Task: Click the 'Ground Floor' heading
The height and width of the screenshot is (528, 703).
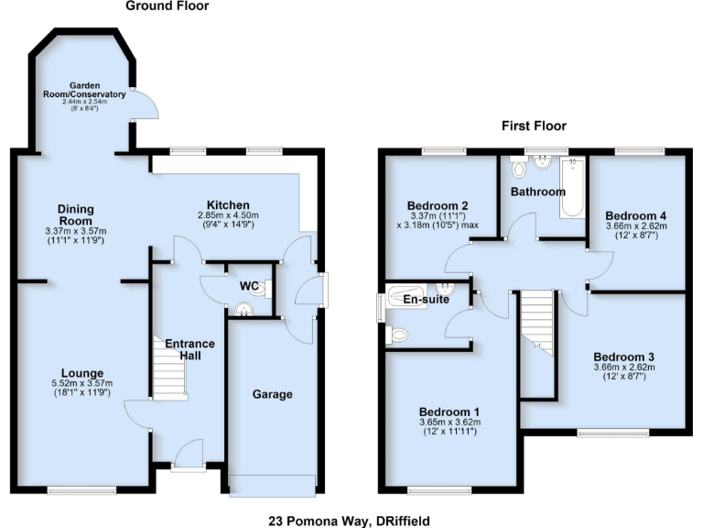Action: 167,6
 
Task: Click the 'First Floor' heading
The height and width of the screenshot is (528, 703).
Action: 533,126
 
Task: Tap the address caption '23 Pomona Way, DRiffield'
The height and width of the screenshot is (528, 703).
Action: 351,520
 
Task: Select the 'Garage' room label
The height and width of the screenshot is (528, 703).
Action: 272,394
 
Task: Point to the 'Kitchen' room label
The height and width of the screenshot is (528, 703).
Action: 228,204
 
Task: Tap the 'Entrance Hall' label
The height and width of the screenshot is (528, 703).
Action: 189,349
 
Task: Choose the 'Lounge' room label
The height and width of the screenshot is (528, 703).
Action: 77,372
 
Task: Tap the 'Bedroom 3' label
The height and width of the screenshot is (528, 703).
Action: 624,357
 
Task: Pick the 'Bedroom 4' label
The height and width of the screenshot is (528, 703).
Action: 636,214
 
